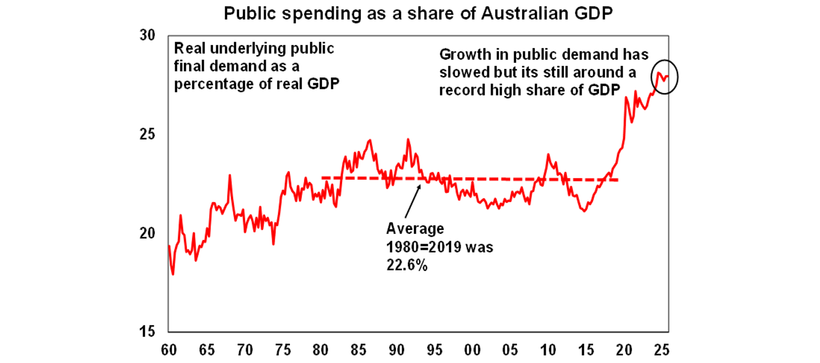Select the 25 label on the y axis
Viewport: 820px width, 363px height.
point(147,134)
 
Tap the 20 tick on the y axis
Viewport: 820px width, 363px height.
point(147,233)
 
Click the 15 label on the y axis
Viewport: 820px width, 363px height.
point(147,332)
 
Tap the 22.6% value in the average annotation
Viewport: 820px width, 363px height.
point(406,265)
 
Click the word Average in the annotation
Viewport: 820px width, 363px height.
point(415,228)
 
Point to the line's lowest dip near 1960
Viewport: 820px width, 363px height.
point(173,274)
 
